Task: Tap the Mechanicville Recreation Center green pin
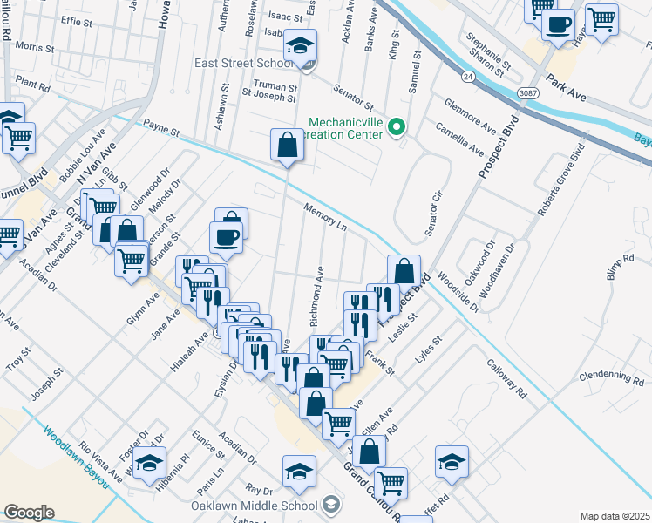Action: pyautogui.click(x=397, y=127)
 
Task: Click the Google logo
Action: pyautogui.click(x=29, y=513)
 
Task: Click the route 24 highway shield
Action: pyautogui.click(x=468, y=77)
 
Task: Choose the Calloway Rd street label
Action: pyautogui.click(x=507, y=379)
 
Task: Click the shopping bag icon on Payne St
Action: pyautogui.click(x=287, y=146)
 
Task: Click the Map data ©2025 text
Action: pyautogui.click(x=615, y=516)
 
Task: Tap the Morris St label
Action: pyautogui.click(x=35, y=45)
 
